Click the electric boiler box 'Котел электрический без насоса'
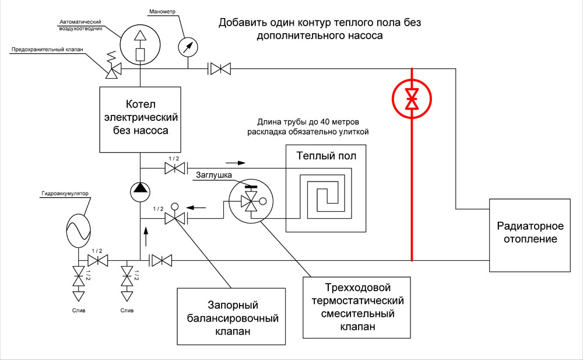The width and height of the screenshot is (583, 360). click(x=140, y=120)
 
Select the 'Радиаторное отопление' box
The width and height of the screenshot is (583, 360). click(x=529, y=235)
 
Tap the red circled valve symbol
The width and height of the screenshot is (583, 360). click(x=412, y=99)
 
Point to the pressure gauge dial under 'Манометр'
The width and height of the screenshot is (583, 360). click(x=188, y=47)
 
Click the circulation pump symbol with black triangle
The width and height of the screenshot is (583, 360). click(x=140, y=192)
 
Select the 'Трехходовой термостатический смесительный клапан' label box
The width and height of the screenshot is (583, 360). click(x=357, y=307)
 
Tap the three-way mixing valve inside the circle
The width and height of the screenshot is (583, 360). click(x=251, y=201)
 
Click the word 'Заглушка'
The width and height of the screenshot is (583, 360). click(x=214, y=175)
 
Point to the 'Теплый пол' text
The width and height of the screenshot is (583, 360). click(x=326, y=156)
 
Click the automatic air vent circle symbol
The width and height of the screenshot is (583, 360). click(x=140, y=45)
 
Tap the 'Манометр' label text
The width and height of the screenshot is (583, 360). click(x=162, y=12)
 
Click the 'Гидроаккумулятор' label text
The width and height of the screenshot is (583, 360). click(x=65, y=194)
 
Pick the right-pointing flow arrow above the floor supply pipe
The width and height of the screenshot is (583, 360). click(x=236, y=163)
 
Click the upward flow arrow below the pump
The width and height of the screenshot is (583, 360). click(x=145, y=236)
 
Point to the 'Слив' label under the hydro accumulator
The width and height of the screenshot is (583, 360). click(x=79, y=310)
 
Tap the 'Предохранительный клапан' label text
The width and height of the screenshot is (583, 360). click(x=47, y=49)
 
